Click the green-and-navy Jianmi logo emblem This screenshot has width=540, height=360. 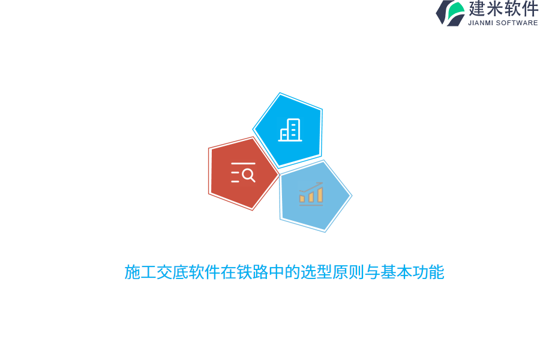click(450, 13)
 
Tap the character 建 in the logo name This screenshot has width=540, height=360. click(478, 9)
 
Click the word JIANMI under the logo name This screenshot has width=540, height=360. click(481, 23)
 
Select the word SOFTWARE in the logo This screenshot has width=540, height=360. click(518, 23)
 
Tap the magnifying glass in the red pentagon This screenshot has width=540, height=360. click(248, 175)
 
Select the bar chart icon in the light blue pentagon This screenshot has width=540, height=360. click(311, 194)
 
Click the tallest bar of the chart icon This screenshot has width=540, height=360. click(320, 194)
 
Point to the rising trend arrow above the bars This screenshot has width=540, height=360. click(311, 187)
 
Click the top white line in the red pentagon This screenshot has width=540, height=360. click(243, 163)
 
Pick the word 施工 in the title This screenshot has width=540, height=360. click(140, 272)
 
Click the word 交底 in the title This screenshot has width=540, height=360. click(173, 272)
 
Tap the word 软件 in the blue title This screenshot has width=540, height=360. click(205, 272)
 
